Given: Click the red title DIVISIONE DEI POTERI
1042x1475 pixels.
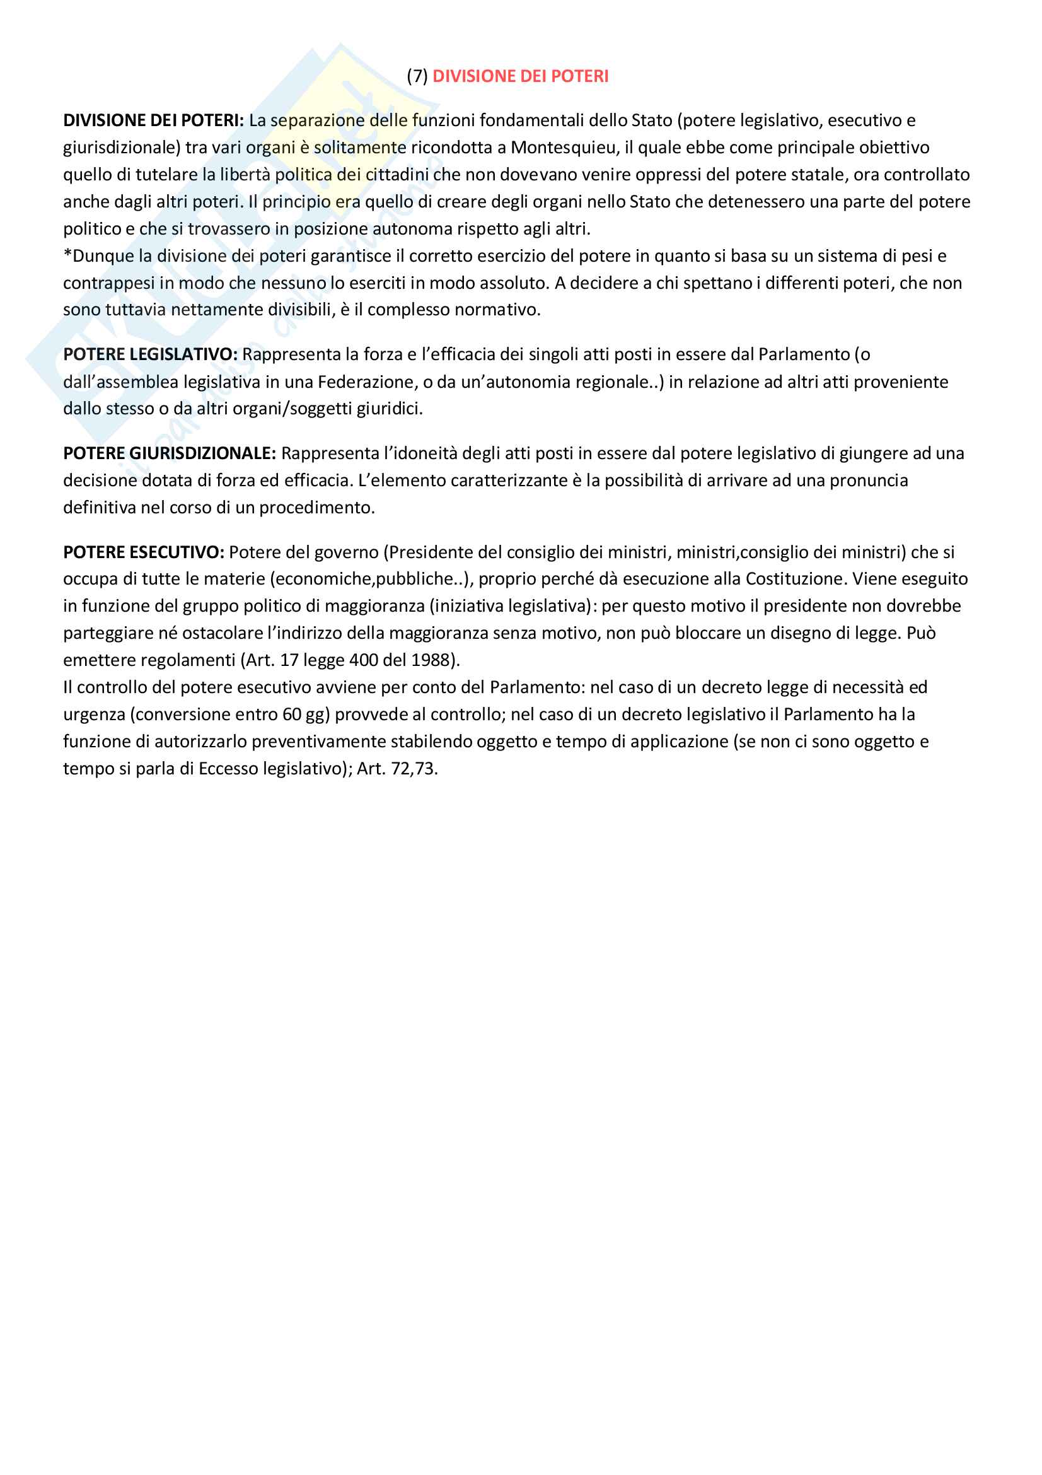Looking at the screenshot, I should coord(520,76).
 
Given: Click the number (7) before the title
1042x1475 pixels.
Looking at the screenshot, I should coord(417,76).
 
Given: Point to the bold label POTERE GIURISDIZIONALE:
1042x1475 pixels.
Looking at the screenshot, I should coord(170,453).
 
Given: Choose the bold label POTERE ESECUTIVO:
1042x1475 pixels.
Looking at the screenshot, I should coord(144,552).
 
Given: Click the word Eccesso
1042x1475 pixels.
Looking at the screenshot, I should coord(228,769).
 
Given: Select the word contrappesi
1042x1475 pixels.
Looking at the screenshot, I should coord(108,283).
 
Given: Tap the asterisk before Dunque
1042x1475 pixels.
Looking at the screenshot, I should coord(67,255).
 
